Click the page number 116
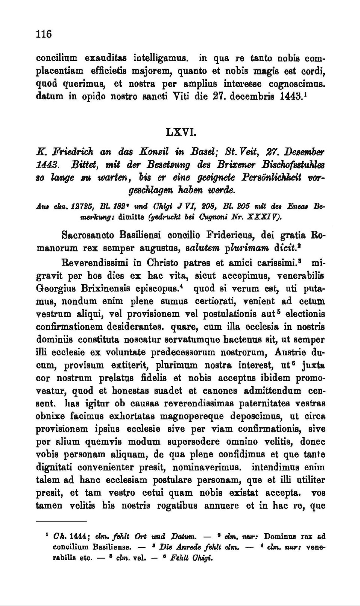coord(43,34)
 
